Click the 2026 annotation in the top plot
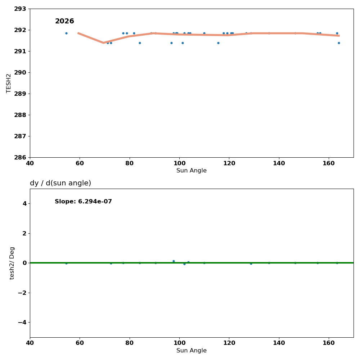(64, 22)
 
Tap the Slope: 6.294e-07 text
(83, 202)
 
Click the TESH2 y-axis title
(9, 83)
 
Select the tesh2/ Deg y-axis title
(12, 263)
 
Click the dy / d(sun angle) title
(60, 183)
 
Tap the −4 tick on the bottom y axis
(22, 322)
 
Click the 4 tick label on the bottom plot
(24, 203)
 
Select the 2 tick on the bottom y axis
(24, 233)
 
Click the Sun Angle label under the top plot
(192, 171)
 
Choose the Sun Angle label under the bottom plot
(192, 351)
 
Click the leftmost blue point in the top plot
(66, 33)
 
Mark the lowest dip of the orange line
(104, 43)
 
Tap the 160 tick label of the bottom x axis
(329, 343)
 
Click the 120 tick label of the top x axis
(229, 163)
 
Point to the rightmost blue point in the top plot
(339, 43)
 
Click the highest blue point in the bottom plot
(174, 261)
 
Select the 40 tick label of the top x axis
(30, 163)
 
